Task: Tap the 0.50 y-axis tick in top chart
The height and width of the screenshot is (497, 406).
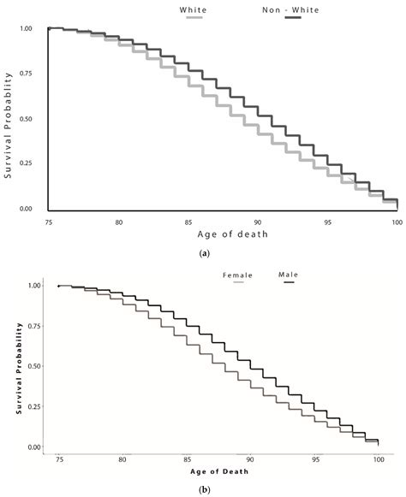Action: [x=26, y=119]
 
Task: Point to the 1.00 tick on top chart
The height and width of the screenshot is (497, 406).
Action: [x=26, y=29]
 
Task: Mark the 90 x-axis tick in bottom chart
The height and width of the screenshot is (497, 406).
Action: [x=249, y=460]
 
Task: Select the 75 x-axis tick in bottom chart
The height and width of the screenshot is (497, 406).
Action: [x=57, y=460]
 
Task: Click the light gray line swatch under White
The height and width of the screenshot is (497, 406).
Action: [x=195, y=18]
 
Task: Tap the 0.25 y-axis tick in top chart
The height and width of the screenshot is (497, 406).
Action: [x=26, y=163]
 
